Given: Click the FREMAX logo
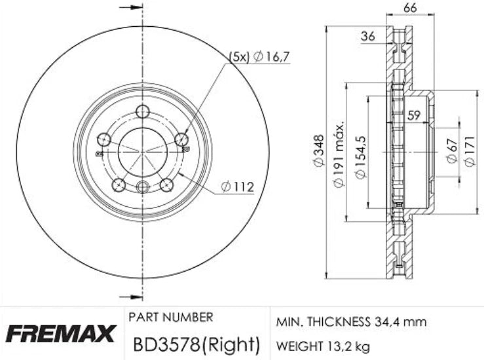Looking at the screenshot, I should tap(62, 334).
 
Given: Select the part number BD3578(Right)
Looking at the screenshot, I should tap(196, 342).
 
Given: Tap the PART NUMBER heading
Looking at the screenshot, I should tap(170, 317).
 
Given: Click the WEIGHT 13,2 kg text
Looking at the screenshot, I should tap(322, 343).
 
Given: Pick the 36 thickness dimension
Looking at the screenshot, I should tap(368, 37).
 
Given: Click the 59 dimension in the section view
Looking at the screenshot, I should tap(413, 115).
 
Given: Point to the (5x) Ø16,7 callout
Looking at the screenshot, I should tap(259, 58).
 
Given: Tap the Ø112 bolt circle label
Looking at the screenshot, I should tap(236, 187).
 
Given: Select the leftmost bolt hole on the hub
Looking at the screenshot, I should tap(103, 139).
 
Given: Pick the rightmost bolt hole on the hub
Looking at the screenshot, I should tap(181, 139).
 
